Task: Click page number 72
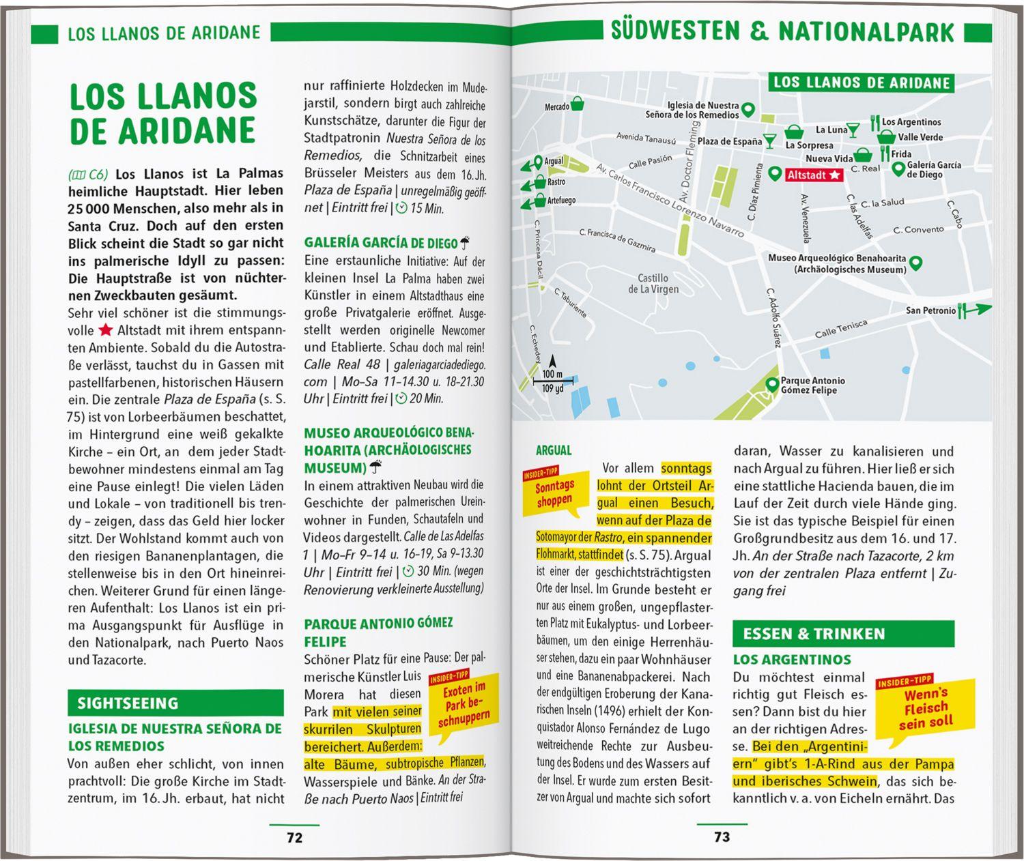click(x=294, y=838)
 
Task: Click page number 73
click(x=722, y=837)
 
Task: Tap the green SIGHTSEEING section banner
click(x=175, y=703)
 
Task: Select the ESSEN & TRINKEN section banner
click(x=843, y=634)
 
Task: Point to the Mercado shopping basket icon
click(x=578, y=104)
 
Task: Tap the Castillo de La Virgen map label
click(x=653, y=283)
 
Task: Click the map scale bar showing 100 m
click(x=552, y=379)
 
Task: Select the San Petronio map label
click(x=930, y=310)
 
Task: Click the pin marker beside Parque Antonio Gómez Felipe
click(x=772, y=385)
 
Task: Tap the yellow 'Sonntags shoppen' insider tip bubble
click(x=554, y=493)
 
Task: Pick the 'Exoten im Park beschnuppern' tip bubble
click(x=464, y=703)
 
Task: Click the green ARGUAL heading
click(x=554, y=450)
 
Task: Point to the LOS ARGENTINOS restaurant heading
click(x=792, y=660)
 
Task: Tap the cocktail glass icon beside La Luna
click(x=853, y=130)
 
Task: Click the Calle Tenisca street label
click(x=840, y=330)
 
